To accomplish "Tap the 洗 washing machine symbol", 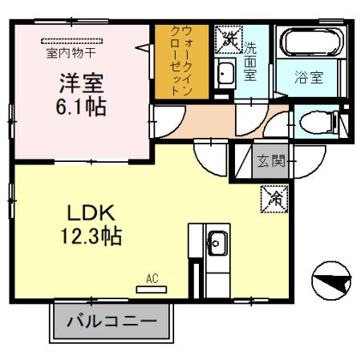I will [228, 37].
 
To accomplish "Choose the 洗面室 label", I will [250, 61].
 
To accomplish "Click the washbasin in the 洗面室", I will [225, 75].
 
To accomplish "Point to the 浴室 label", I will [308, 78].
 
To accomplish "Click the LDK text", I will [92, 213].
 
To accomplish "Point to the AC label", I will [152, 279].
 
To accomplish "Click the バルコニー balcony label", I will [112, 324].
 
